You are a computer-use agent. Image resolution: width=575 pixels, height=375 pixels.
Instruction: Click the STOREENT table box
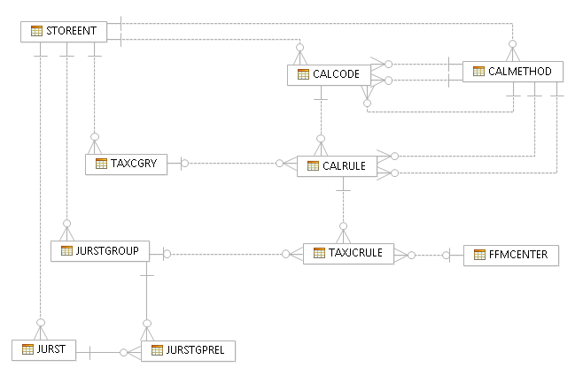[65, 31]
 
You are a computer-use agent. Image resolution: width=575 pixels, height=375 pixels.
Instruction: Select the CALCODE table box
[328, 75]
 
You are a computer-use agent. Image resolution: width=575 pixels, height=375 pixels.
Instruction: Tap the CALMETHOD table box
[513, 71]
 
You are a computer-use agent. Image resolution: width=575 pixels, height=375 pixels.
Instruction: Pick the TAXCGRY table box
[126, 164]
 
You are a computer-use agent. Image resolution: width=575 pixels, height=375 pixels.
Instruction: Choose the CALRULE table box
[338, 165]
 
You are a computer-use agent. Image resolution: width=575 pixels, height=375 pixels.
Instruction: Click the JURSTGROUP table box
[100, 250]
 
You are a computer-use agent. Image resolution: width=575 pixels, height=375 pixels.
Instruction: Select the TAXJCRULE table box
[347, 253]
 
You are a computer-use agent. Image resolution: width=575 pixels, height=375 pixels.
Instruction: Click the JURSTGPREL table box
[189, 350]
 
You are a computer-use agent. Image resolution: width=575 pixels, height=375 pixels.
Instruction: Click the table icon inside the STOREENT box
[36, 31]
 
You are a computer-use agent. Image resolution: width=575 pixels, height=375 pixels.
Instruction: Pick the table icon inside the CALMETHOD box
[479, 71]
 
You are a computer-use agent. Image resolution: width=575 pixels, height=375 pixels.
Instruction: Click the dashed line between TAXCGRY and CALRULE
[230, 163]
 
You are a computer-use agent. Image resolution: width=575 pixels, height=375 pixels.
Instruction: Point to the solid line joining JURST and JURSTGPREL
[97, 352]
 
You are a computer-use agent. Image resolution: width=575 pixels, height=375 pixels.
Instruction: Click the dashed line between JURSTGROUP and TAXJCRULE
[226, 255]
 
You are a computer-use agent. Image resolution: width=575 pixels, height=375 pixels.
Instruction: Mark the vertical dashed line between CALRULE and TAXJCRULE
[343, 208]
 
